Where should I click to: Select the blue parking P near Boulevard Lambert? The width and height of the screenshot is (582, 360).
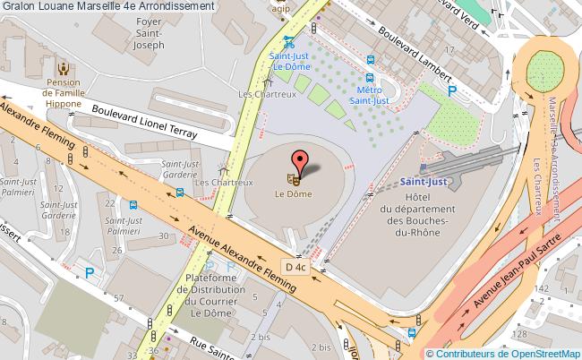(x=451, y=90)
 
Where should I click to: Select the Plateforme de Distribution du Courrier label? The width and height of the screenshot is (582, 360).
(x=210, y=296)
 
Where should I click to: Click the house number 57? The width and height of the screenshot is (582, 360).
(x=120, y=297)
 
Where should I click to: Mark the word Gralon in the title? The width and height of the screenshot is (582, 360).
(x=19, y=5)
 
